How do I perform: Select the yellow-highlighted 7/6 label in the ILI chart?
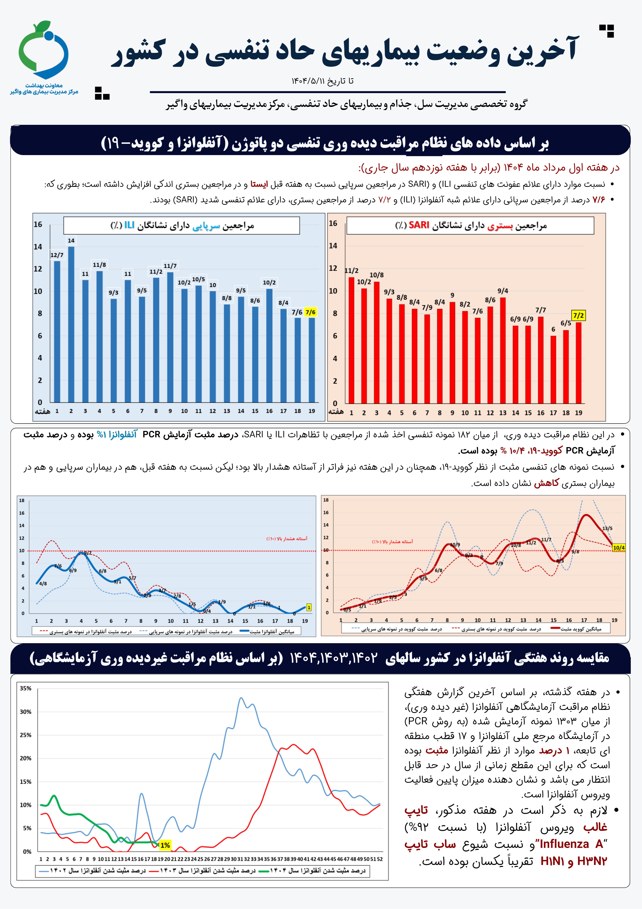[x=311, y=312]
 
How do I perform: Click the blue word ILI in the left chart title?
[x=129, y=225]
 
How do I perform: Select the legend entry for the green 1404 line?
[x=316, y=871]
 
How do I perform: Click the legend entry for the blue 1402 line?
[x=95, y=871]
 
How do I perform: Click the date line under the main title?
[x=322, y=81]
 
